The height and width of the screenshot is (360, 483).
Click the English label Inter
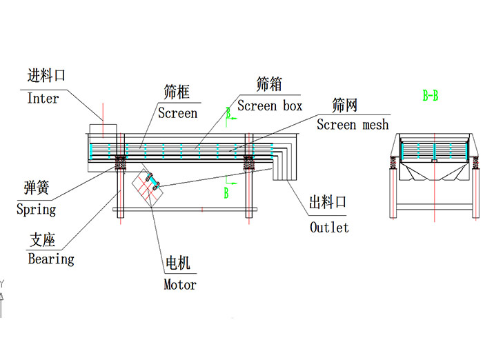pyautogui.click(x=43, y=99)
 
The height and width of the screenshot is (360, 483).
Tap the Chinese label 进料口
pyautogui.click(x=46, y=76)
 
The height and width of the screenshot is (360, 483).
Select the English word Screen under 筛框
pyautogui.click(x=177, y=113)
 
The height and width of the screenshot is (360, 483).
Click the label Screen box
pyautogui.click(x=270, y=106)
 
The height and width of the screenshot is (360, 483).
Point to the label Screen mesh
pyautogui.click(x=353, y=125)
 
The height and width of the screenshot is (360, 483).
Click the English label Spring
pyautogui.click(x=36, y=209)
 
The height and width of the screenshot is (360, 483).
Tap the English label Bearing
pyautogui.click(x=50, y=259)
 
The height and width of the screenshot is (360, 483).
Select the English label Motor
pyautogui.click(x=180, y=284)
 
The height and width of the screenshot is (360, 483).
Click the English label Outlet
pyautogui.click(x=329, y=228)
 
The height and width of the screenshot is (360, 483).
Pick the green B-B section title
pyautogui.click(x=431, y=96)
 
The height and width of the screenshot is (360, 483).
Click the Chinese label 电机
pyautogui.click(x=178, y=263)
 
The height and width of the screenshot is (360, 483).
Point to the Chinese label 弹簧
pyautogui.click(x=36, y=188)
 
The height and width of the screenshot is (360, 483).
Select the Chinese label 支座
pyautogui.click(x=42, y=240)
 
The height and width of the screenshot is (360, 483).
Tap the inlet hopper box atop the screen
pyautogui.click(x=103, y=130)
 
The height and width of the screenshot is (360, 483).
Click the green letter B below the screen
pyautogui.click(x=226, y=194)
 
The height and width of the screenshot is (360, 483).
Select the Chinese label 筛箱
pyautogui.click(x=268, y=85)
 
